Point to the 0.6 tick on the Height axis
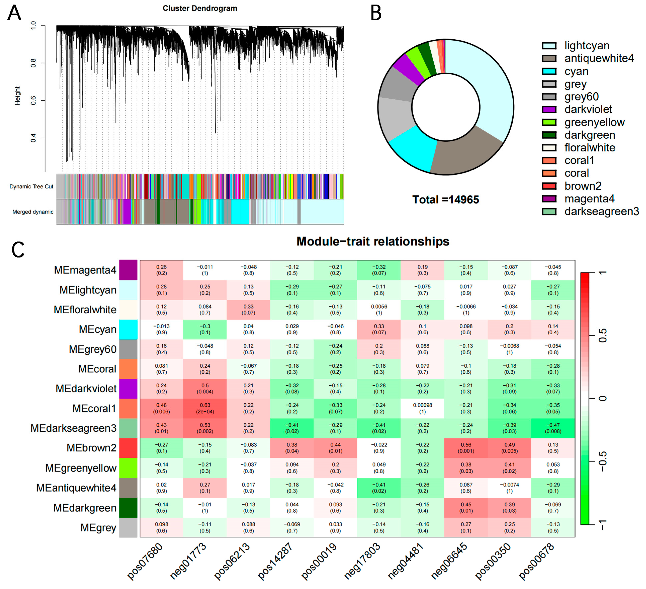pyautogui.click(x=34, y=100)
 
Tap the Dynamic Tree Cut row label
pyautogui.click(x=31, y=187)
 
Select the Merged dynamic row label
pyautogui.click(x=33, y=212)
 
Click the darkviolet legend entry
pyautogui.click(x=577, y=109)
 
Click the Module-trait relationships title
pyautogui.click(x=373, y=241)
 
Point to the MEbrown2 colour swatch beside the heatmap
pyautogui.click(x=128, y=448)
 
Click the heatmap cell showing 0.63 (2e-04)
pyautogui.click(x=205, y=409)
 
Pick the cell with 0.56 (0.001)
pyautogui.click(x=466, y=448)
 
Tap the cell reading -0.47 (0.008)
pyautogui.click(x=553, y=428)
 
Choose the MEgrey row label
pyautogui.click(x=98, y=528)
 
